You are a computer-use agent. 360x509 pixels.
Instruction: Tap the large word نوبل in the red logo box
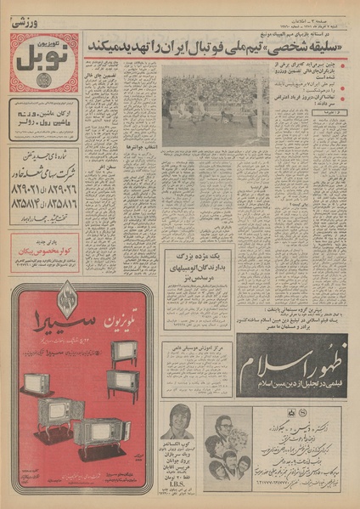[x=43, y=62]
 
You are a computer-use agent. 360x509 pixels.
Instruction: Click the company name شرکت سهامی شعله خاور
[x=44, y=170]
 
